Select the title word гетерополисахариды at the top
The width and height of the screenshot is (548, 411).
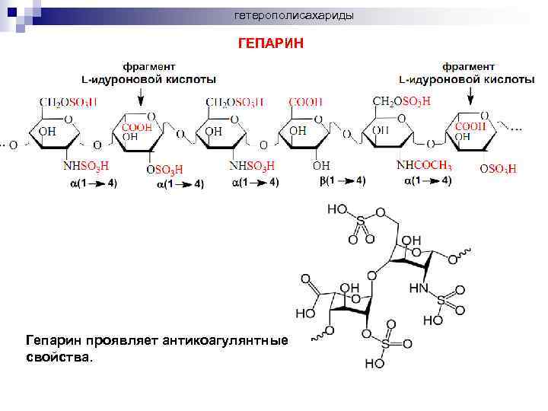click(293, 16)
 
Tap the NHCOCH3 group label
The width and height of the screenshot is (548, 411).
click(425, 166)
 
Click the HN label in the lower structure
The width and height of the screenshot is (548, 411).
click(419, 288)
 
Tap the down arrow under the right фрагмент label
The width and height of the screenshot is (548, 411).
click(471, 95)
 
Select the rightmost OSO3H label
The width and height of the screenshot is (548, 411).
click(498, 169)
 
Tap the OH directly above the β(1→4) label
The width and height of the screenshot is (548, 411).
click(321, 165)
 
